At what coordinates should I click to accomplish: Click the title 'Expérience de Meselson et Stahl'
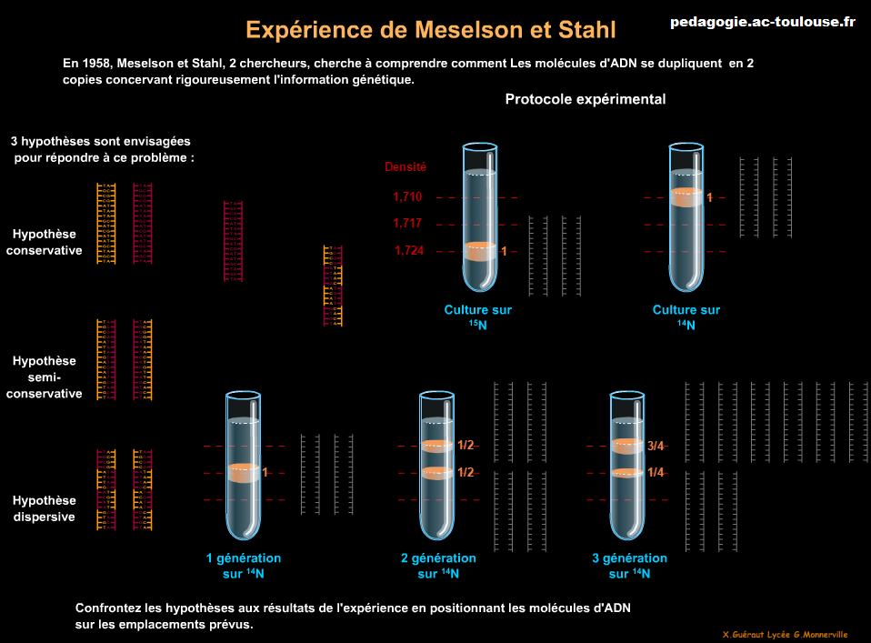pyautogui.click(x=431, y=30)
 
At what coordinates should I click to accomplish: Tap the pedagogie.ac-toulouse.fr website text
pyautogui.click(x=763, y=22)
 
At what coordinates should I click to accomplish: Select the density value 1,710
pyautogui.click(x=407, y=197)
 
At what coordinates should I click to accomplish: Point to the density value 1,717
pyautogui.click(x=407, y=224)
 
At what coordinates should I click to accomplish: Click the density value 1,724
pyautogui.click(x=409, y=251)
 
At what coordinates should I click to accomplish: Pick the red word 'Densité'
pyautogui.click(x=405, y=167)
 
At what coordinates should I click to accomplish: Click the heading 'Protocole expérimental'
pyautogui.click(x=586, y=99)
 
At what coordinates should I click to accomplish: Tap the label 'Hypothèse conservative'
pyautogui.click(x=45, y=242)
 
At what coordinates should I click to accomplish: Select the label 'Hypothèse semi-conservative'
pyautogui.click(x=45, y=377)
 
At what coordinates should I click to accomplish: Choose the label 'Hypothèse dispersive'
pyautogui.click(x=45, y=508)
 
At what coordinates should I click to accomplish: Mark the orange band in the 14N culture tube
pyautogui.click(x=686, y=197)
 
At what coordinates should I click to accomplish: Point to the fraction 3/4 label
pyautogui.click(x=656, y=446)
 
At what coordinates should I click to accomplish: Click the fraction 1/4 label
pyautogui.click(x=656, y=472)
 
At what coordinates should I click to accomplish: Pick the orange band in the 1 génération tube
pyautogui.click(x=243, y=472)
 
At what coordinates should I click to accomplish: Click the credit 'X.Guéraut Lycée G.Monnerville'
pyautogui.click(x=785, y=634)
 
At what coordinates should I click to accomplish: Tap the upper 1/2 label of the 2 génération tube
pyautogui.click(x=466, y=446)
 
